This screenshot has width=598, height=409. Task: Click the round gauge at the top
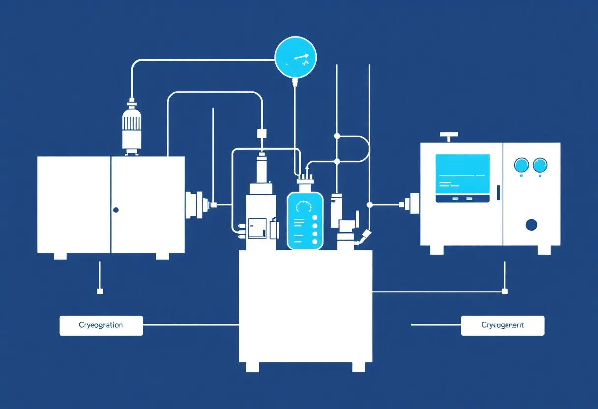(296, 58)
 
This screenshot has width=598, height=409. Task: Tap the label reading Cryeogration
(101, 325)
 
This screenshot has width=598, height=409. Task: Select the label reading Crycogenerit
(503, 325)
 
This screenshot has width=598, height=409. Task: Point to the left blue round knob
(520, 165)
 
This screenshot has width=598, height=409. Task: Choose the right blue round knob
(540, 165)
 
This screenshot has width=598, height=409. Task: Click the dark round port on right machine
(531, 225)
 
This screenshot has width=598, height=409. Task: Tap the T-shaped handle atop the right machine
(448, 135)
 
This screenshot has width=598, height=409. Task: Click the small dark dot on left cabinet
(116, 210)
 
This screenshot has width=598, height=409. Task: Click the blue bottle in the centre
(305, 220)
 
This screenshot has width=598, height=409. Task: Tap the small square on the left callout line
(100, 292)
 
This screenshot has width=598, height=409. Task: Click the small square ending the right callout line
(504, 292)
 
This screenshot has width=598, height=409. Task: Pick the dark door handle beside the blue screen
(498, 193)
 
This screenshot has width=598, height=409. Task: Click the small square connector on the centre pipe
(261, 133)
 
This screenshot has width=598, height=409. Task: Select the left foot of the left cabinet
(60, 256)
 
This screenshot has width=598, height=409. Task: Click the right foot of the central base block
(359, 367)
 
